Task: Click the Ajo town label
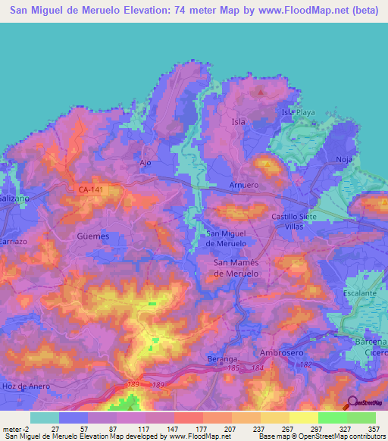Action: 147,162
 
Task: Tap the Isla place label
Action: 237,120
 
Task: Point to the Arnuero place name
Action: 244,185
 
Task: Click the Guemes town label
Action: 93,236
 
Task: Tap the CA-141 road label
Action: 92,190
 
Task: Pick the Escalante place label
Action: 360,292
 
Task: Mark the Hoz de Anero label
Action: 28,386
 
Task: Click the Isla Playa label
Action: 298,112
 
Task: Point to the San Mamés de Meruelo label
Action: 236,267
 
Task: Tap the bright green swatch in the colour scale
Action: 332,418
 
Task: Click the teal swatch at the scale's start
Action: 45,418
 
